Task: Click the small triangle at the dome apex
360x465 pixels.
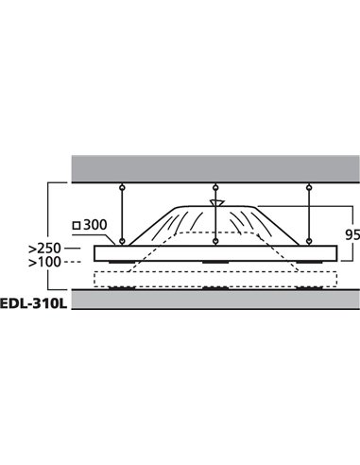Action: pyautogui.click(x=215, y=201)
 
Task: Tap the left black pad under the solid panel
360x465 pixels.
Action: pyautogui.click(x=123, y=262)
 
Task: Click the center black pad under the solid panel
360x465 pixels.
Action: pyautogui.click(x=215, y=262)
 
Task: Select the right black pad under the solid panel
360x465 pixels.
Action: pyautogui.click(x=307, y=262)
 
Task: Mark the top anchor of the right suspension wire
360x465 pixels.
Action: pyautogui.click(x=307, y=185)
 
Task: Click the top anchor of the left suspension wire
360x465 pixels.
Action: pyautogui.click(x=123, y=185)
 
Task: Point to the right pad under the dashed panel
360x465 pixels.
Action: pyautogui.click(x=307, y=287)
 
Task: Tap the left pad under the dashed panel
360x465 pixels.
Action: pyautogui.click(x=123, y=287)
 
